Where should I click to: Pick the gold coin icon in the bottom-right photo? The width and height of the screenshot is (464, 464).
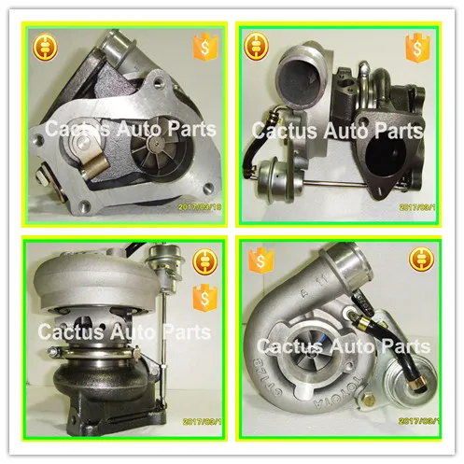pos(415,259)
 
